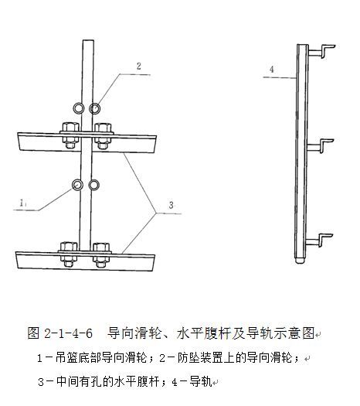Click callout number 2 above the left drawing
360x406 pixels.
click(139, 67)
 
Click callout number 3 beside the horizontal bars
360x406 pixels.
click(172, 205)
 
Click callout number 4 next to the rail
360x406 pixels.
click(272, 70)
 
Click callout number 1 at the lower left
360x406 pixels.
click(22, 203)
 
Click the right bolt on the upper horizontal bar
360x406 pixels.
click(103, 135)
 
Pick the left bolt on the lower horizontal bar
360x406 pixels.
click(69, 254)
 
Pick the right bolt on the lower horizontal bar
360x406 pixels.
click(101, 255)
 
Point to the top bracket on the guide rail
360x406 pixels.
click(322, 51)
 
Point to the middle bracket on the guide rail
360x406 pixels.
click(321, 146)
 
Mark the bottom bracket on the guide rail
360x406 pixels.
click(320, 241)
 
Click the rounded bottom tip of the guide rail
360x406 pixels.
click(300, 261)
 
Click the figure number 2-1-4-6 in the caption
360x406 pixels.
click(68, 333)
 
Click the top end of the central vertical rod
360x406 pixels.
click(88, 40)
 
